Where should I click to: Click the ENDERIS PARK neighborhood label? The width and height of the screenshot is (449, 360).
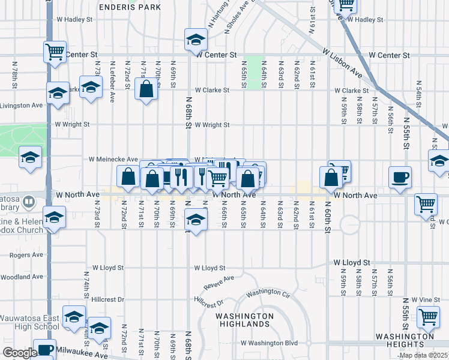130,7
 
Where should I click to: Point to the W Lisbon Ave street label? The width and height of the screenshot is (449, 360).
343,62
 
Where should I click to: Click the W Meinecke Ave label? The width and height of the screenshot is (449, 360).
113,160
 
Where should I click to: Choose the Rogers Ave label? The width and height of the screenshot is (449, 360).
26,254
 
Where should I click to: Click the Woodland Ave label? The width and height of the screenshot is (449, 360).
22,277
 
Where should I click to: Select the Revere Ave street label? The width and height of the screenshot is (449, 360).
218,281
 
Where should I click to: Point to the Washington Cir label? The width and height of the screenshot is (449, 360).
268,292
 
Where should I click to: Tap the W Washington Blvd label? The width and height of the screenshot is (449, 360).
270,343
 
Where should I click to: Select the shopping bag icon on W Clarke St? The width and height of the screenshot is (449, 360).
146,90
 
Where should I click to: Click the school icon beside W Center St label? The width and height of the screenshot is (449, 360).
195,40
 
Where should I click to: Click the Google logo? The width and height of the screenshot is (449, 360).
19,353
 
